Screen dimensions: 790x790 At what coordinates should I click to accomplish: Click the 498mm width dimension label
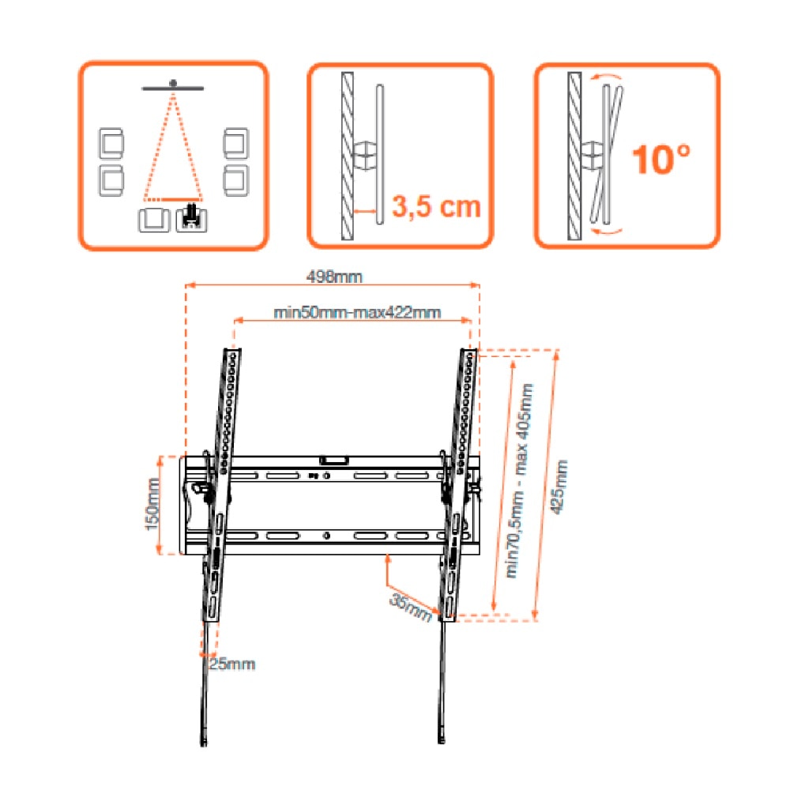[x=334, y=276]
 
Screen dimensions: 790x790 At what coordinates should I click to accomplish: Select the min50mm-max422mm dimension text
[x=357, y=312]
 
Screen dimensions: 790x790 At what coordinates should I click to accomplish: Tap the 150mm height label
[x=152, y=504]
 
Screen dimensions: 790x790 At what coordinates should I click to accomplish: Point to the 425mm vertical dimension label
[x=559, y=487]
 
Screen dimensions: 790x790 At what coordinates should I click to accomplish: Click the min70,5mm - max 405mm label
[x=520, y=480]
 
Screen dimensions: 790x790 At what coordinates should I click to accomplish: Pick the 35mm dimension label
[x=412, y=607]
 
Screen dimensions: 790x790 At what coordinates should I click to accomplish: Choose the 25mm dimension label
[x=232, y=664]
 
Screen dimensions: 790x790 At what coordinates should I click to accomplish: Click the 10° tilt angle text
[x=661, y=160]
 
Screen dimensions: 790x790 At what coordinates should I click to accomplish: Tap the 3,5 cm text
[x=436, y=206]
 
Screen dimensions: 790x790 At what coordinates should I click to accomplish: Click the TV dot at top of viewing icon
[x=173, y=83]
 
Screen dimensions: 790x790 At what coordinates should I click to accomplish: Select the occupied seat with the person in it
[x=191, y=219]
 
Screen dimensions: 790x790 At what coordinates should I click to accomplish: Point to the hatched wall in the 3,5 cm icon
[x=347, y=156]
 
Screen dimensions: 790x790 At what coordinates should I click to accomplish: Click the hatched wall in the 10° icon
[x=574, y=156]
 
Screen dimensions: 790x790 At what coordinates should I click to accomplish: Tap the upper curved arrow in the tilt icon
[x=607, y=77]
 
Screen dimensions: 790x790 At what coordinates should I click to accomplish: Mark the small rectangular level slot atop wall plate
[x=333, y=460]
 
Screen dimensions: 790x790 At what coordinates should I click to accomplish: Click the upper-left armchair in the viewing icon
[x=111, y=143]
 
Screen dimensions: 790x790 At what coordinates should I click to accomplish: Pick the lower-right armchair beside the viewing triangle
[x=235, y=180]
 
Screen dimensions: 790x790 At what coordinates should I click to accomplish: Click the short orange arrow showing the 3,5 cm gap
[x=365, y=212]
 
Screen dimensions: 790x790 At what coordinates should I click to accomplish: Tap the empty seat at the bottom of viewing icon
[x=154, y=220]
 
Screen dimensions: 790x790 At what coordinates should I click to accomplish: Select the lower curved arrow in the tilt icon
[x=607, y=231]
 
